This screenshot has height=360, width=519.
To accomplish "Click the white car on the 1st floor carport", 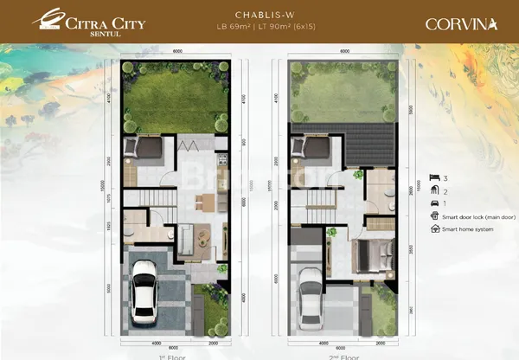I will (x=143, y=298).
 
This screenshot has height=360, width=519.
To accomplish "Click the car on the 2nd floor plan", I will (x=309, y=298).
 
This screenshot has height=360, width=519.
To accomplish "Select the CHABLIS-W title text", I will (x=259, y=15).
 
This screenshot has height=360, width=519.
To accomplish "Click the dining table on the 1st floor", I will (x=204, y=202).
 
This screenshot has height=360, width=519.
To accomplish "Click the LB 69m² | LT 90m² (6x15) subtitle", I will (x=259, y=28).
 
